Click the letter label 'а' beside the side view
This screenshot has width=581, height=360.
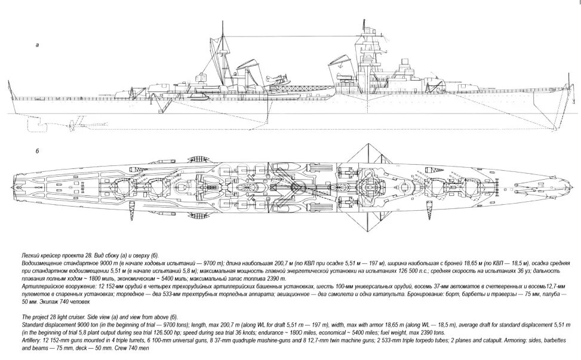[x=38, y=45]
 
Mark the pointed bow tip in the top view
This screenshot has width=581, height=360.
[x=571, y=186]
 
